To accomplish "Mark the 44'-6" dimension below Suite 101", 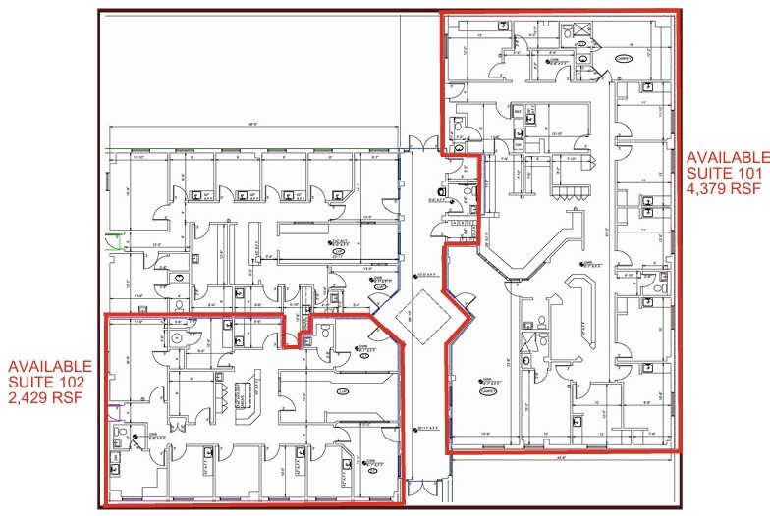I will [560, 455].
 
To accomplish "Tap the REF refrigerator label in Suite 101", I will [518, 112].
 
